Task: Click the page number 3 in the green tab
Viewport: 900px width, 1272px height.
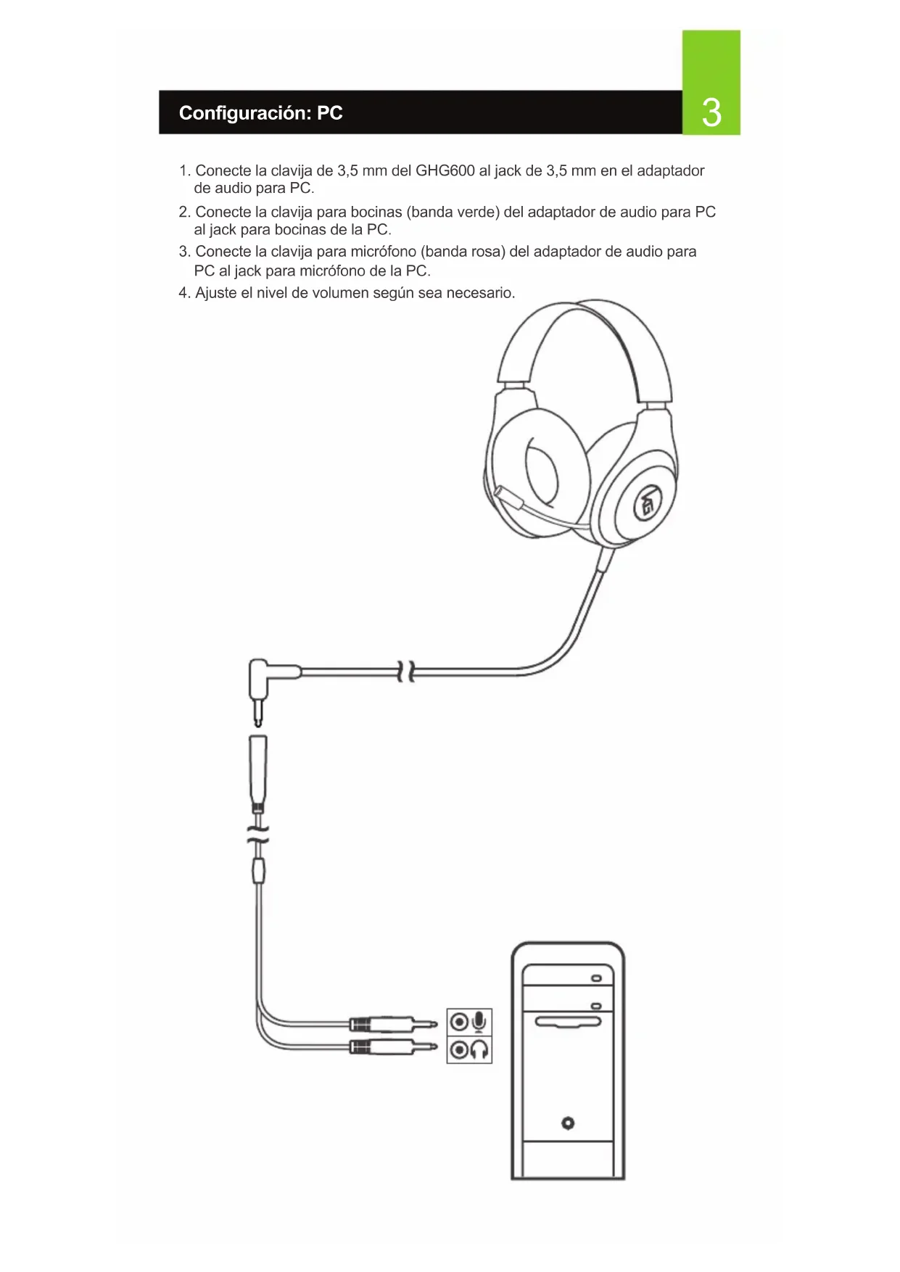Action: pos(711,113)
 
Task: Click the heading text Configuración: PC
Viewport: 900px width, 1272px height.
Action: pos(260,113)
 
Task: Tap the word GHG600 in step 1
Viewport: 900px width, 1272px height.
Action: pos(445,171)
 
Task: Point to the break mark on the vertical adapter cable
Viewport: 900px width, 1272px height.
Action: pos(258,834)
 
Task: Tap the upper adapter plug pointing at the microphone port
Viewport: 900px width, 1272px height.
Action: pos(392,1024)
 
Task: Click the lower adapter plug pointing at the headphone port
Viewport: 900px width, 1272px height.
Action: pos(392,1046)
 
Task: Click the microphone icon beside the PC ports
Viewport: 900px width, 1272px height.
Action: pos(479,1022)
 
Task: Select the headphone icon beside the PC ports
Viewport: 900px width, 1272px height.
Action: pos(479,1049)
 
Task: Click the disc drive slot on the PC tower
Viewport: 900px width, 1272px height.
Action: pos(568,1022)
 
